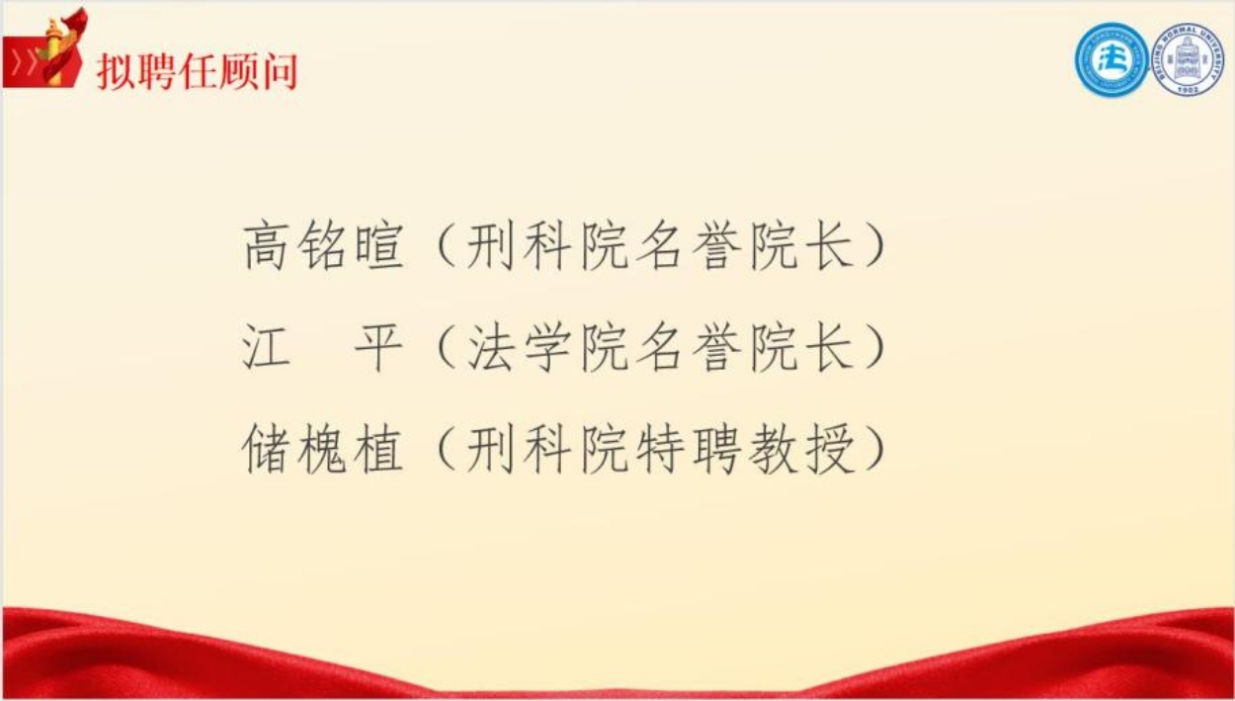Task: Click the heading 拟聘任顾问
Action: pos(197,71)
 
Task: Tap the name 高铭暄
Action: pos(323,246)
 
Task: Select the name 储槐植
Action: pos(323,451)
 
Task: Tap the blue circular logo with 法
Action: pos(1111,60)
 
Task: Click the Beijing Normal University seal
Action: pos(1189,60)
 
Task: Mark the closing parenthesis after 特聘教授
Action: pos(875,451)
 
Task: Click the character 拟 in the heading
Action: pos(116,71)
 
